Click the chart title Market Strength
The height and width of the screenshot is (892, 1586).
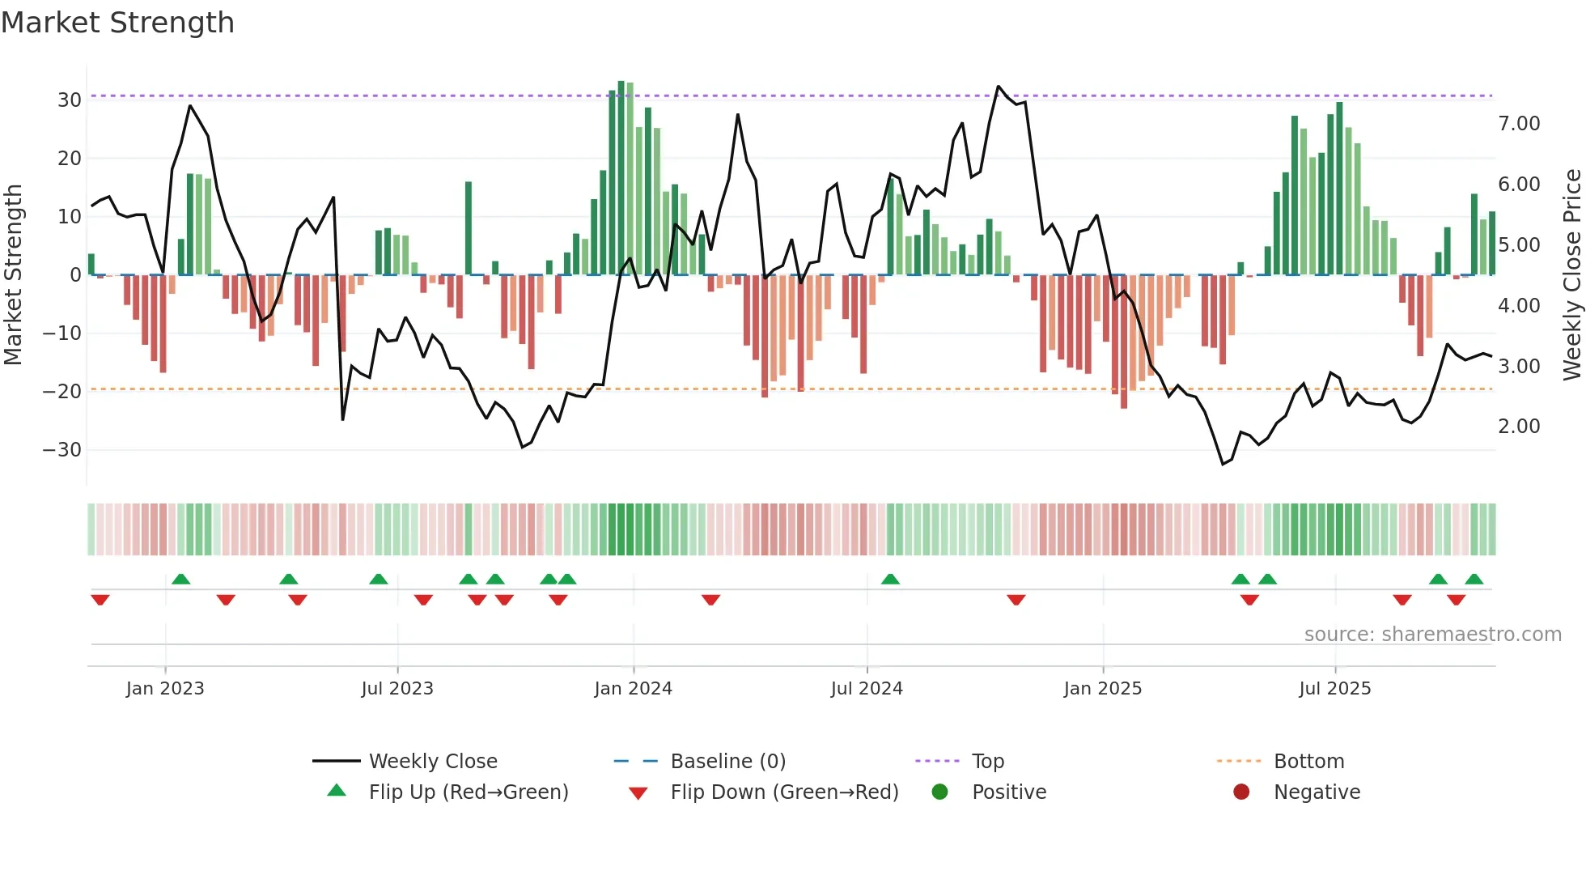pos(117,23)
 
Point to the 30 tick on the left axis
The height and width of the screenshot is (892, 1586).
pos(70,100)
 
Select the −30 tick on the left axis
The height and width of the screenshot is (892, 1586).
pos(62,449)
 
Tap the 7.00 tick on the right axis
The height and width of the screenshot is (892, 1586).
pos(1519,123)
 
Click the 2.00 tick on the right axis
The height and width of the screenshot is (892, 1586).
pos(1519,426)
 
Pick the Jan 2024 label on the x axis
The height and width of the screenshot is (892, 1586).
pos(633,688)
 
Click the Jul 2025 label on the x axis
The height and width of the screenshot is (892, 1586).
pos(1334,688)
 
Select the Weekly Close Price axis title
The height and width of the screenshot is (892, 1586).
pos(1571,274)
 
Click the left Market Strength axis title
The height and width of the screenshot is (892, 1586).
pos(13,274)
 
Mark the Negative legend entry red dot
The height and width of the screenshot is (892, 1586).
pos(1241,792)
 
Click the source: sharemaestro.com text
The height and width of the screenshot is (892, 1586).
pos(1432,634)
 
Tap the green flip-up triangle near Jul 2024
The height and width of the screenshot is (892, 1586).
pos(890,579)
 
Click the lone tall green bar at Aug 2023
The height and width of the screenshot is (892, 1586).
pos(469,227)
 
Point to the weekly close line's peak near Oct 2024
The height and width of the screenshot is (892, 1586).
pos(999,87)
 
